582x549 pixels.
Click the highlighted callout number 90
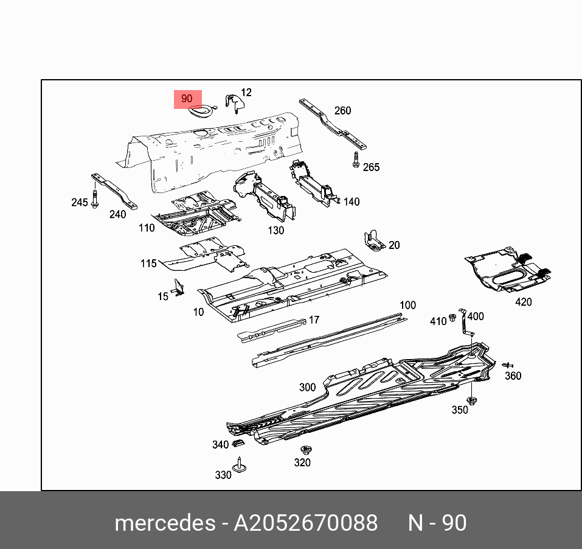point(187,99)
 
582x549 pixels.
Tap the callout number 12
point(246,93)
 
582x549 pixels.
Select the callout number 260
point(343,111)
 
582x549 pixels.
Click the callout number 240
point(117,214)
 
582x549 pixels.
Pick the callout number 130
point(276,231)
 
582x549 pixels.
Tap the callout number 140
point(352,202)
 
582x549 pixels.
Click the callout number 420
point(523,302)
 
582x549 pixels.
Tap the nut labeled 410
point(452,318)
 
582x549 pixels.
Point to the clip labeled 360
point(507,365)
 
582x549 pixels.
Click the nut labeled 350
point(473,400)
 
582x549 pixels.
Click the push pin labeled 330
point(241,466)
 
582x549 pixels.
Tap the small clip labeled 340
point(239,441)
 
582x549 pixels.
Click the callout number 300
point(307,387)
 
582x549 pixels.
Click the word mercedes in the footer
point(164,523)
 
